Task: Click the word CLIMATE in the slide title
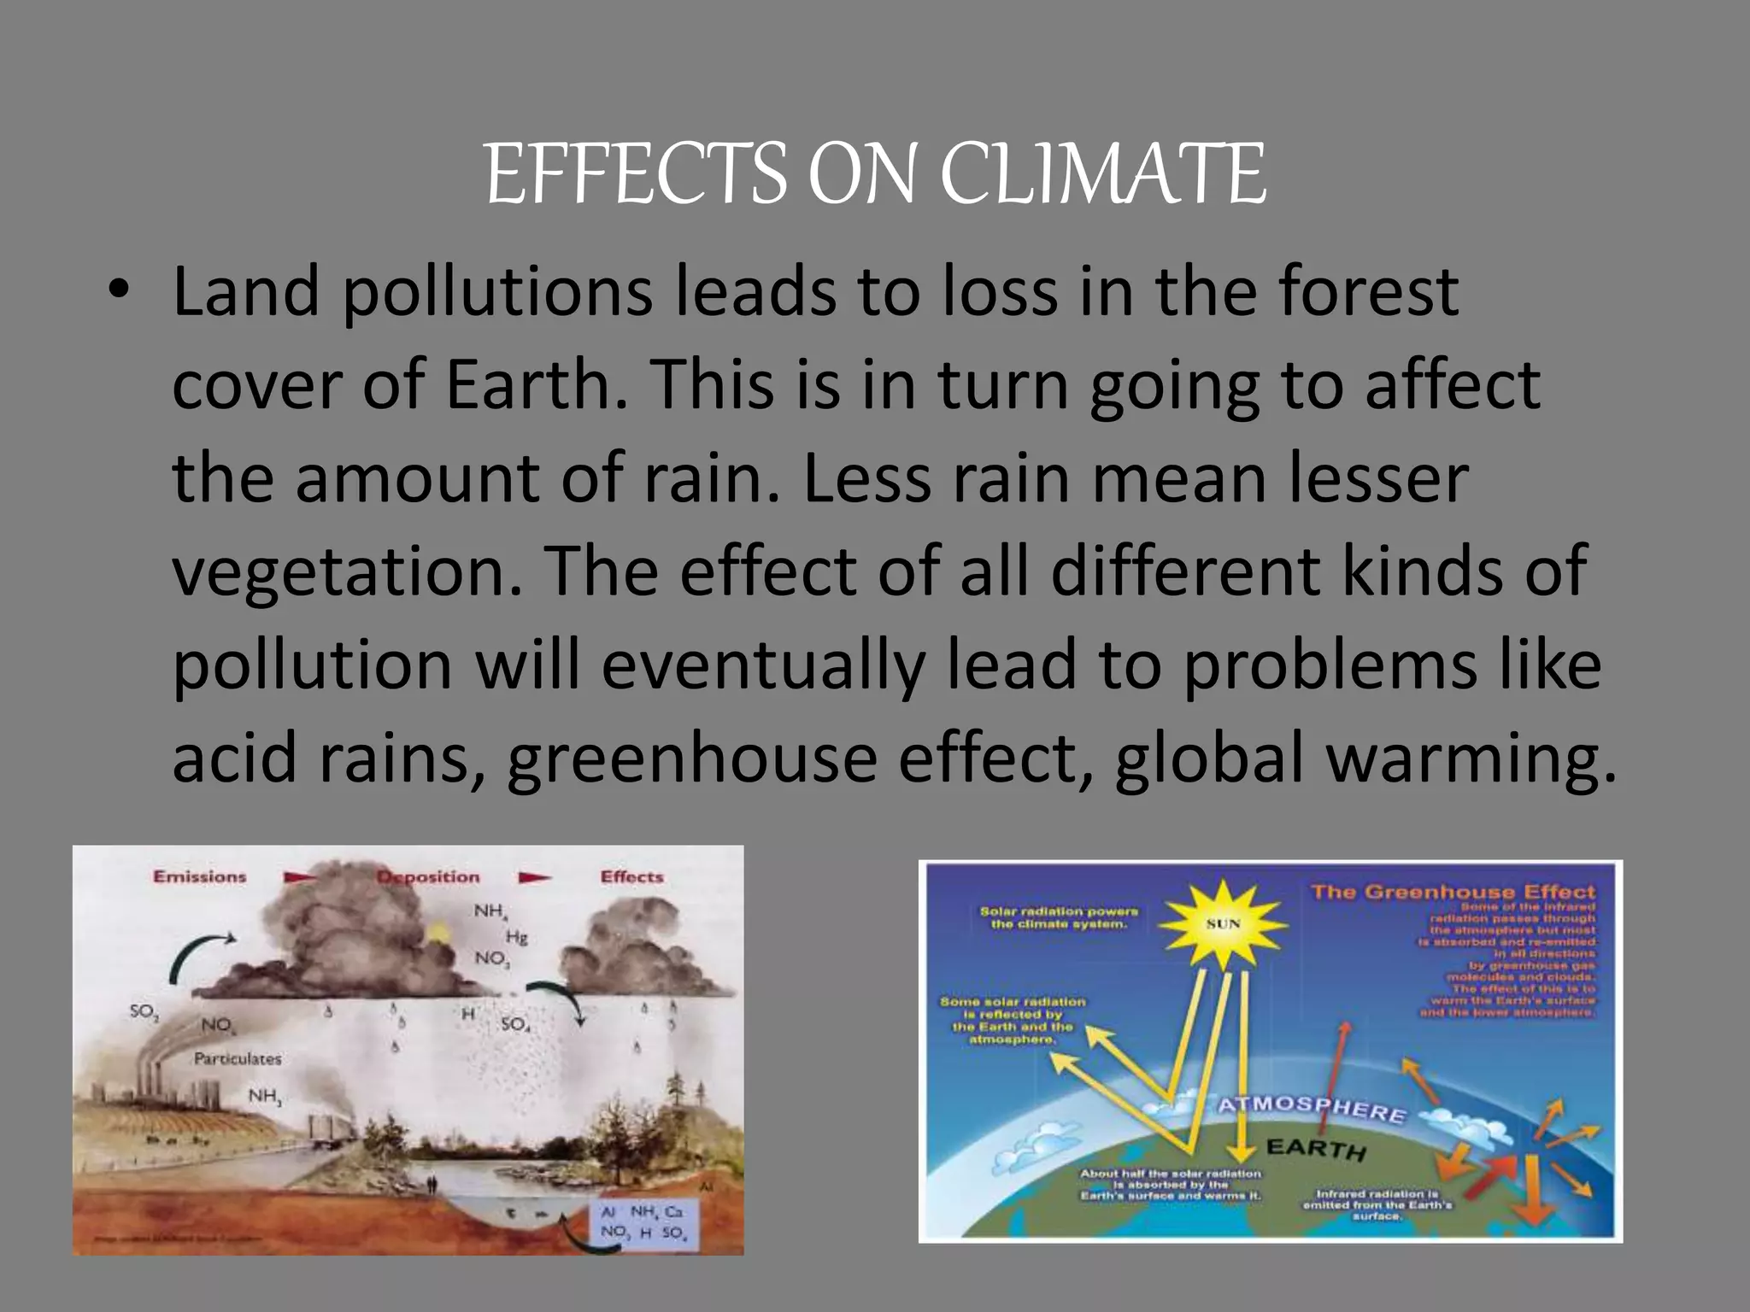point(1102,174)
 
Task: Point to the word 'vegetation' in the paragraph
point(347,571)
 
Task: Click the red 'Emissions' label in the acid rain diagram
point(199,876)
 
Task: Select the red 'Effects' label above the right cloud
point(631,876)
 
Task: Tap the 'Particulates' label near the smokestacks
point(238,1058)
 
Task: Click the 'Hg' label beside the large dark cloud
point(516,937)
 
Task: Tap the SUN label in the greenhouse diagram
point(1223,923)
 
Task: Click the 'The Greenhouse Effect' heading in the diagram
point(1453,892)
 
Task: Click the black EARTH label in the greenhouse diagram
point(1316,1148)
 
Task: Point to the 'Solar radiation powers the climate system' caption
point(1058,917)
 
